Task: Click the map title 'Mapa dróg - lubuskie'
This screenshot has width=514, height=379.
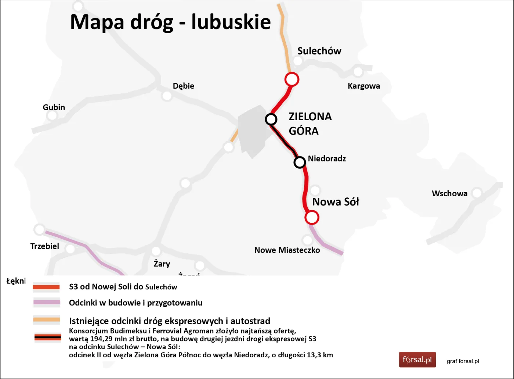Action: click(x=170, y=22)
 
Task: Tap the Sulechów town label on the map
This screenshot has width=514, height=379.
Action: click(x=319, y=51)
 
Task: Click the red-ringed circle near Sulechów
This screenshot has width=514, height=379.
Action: click(x=292, y=79)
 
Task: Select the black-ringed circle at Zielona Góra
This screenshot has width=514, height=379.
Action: click(x=271, y=119)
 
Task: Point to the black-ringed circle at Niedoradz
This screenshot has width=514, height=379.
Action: click(x=300, y=162)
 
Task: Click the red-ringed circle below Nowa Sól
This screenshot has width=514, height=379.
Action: click(x=312, y=217)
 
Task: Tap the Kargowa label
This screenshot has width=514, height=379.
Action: click(x=363, y=86)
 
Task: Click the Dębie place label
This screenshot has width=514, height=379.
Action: click(x=183, y=86)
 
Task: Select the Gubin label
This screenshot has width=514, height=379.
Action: click(x=54, y=107)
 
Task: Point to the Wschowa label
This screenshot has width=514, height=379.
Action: click(x=449, y=194)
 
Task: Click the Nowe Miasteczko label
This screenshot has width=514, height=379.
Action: click(x=287, y=250)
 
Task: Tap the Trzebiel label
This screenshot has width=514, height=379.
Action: click(x=44, y=246)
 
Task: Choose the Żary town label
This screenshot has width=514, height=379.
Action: click(x=162, y=264)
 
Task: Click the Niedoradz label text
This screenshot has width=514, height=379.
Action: click(x=327, y=159)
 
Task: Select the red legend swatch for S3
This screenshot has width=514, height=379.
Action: click(x=46, y=287)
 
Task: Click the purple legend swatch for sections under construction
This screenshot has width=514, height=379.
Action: click(x=47, y=303)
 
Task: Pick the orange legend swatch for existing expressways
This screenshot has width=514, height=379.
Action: click(x=47, y=319)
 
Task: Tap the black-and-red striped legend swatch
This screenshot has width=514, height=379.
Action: click(x=48, y=337)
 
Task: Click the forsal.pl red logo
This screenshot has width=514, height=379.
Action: click(x=417, y=360)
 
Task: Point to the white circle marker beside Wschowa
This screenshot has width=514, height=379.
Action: click(x=477, y=193)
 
